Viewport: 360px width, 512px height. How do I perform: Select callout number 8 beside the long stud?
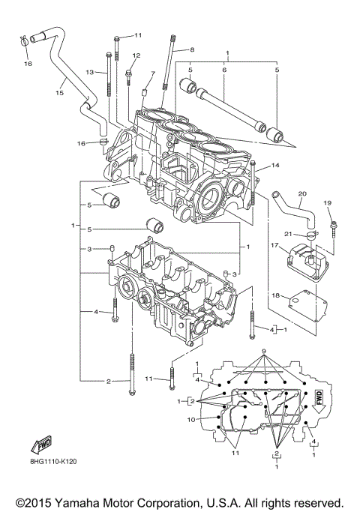click(192, 49)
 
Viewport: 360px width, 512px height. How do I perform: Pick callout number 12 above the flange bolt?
click(136, 55)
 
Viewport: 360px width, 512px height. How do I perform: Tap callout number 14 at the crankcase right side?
click(275, 165)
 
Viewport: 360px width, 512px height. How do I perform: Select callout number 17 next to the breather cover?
click(274, 244)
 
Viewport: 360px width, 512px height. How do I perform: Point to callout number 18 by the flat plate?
click(276, 296)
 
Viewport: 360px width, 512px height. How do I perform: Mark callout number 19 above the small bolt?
click(327, 203)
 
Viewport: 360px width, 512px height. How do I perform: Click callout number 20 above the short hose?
click(301, 194)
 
